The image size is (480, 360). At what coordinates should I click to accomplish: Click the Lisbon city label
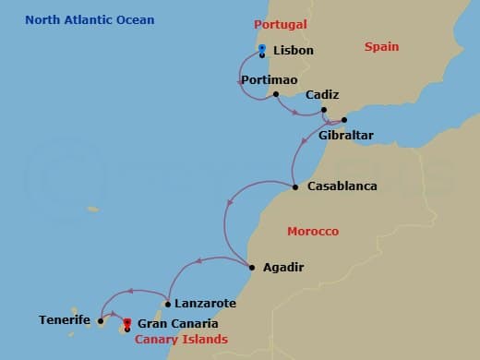(x=294, y=50)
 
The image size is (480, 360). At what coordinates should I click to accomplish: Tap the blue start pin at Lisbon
(x=262, y=49)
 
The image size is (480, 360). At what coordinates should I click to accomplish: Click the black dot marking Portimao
(x=276, y=93)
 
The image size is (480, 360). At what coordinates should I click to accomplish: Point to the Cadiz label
(x=321, y=94)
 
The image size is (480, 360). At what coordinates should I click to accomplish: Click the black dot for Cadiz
(x=324, y=110)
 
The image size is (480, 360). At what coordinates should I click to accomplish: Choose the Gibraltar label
(x=345, y=135)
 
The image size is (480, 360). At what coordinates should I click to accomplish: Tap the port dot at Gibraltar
(x=344, y=120)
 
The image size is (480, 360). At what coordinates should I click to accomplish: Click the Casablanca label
(x=342, y=186)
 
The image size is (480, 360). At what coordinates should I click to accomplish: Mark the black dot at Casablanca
(x=295, y=187)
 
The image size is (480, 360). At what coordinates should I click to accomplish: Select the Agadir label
(x=282, y=268)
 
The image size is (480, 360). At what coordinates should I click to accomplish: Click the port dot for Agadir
(x=253, y=269)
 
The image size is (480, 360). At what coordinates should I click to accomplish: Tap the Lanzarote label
(x=204, y=303)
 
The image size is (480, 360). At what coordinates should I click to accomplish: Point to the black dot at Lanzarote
(x=167, y=304)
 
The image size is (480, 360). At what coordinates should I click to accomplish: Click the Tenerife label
(x=65, y=319)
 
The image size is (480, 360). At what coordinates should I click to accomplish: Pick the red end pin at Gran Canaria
(x=126, y=323)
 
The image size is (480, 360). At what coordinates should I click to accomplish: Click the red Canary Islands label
(x=181, y=340)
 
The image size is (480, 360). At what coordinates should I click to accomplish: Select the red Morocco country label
(x=312, y=231)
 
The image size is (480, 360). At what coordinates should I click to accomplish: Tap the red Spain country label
(x=381, y=46)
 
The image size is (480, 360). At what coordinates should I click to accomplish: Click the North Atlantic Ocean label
(x=90, y=19)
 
